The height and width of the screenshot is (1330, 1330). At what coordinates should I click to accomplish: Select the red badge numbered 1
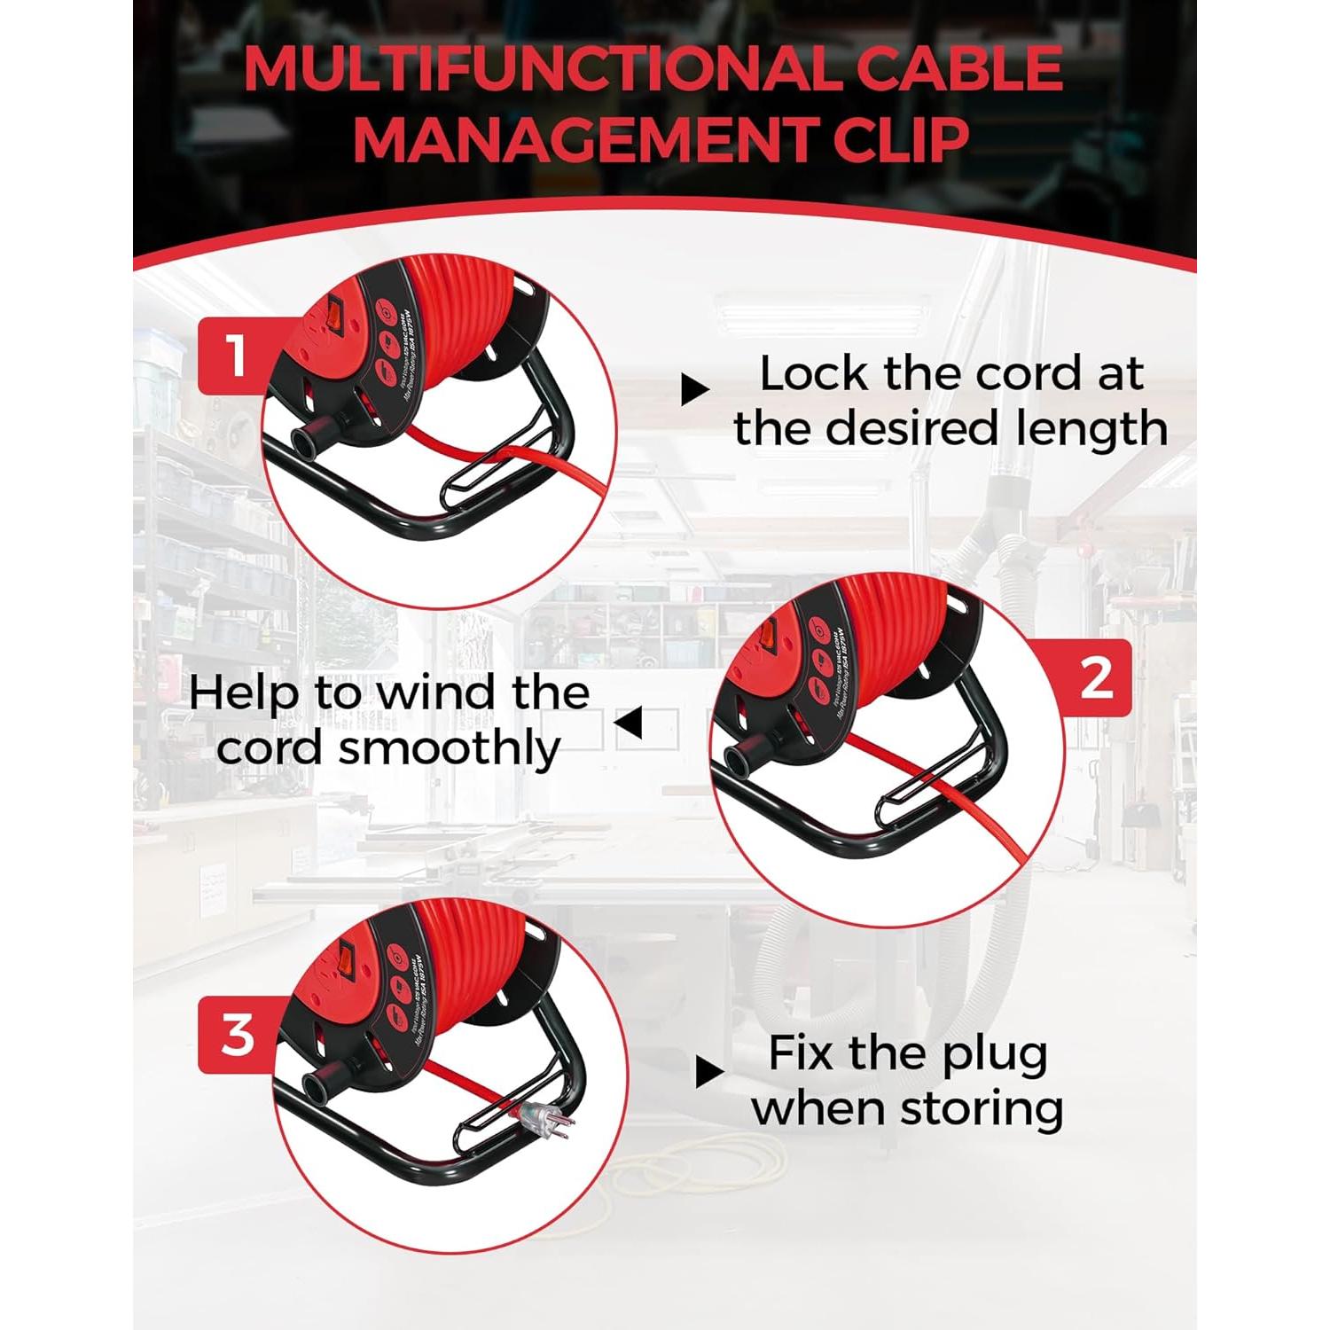[236, 356]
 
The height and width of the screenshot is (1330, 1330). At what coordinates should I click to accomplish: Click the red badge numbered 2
[1097, 678]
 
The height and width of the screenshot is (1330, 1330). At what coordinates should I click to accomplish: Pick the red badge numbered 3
[237, 1036]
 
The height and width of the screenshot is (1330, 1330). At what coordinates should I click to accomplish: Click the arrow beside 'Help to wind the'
[629, 724]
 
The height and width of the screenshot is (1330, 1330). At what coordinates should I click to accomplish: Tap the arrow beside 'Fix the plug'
[708, 1074]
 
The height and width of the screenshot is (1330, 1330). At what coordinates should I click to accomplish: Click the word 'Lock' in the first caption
[813, 374]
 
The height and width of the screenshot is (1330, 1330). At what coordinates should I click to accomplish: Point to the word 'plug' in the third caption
[996, 1054]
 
